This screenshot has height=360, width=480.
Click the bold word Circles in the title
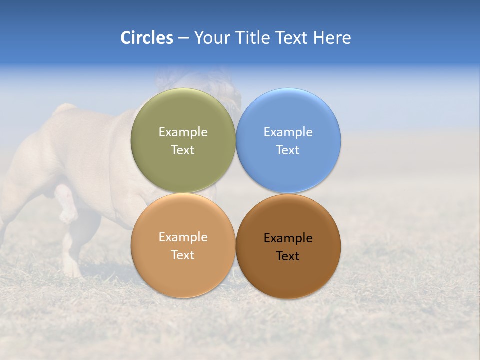(x=147, y=38)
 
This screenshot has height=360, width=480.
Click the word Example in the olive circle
(x=183, y=132)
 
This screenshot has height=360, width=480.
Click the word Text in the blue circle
(x=288, y=150)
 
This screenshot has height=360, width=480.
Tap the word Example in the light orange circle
(x=183, y=237)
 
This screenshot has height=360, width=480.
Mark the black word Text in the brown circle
(x=288, y=256)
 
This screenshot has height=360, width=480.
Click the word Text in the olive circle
(x=183, y=150)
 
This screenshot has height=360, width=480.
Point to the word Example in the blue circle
(x=288, y=132)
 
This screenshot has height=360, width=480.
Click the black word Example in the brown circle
(x=288, y=238)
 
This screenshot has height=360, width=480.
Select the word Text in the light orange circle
(x=183, y=255)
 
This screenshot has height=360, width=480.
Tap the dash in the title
(x=183, y=38)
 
